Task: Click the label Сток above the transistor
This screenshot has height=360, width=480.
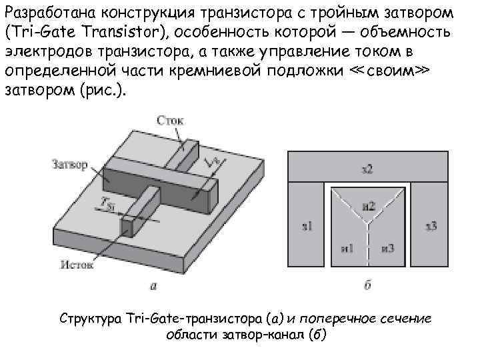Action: (170, 120)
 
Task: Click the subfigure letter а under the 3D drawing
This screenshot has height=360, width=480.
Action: (154, 287)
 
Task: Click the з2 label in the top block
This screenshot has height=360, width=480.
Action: (367, 169)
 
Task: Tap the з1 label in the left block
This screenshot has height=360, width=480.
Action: (307, 227)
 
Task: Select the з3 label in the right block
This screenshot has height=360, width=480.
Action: (431, 227)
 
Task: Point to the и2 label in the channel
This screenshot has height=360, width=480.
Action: (369, 206)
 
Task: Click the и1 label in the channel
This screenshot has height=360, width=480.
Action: (347, 248)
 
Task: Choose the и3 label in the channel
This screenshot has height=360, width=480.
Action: (389, 248)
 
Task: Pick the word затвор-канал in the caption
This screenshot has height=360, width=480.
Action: (267, 334)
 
